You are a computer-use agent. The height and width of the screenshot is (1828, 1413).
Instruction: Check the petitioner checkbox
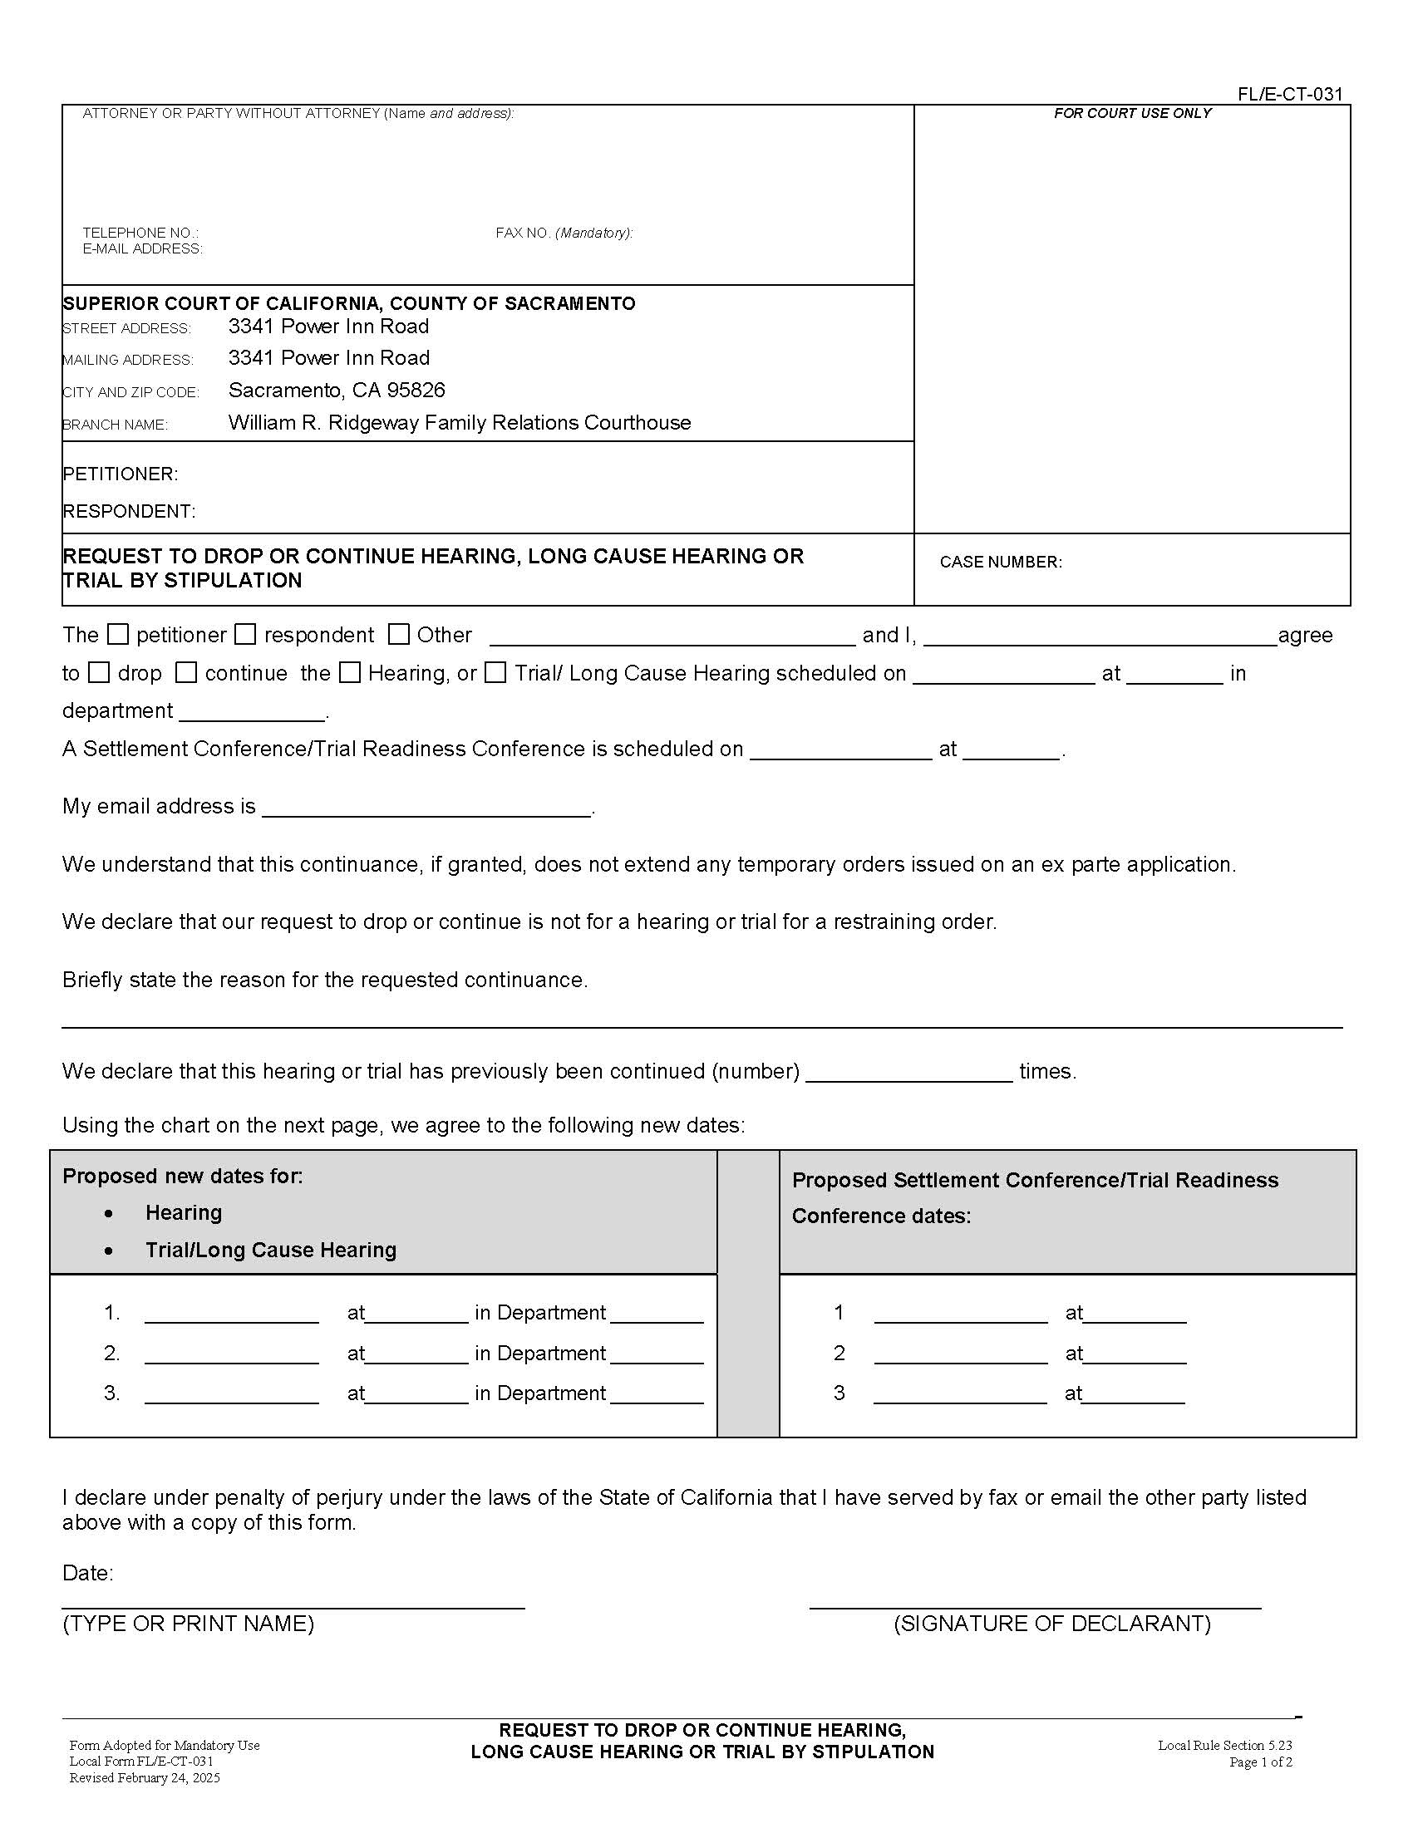[x=119, y=635]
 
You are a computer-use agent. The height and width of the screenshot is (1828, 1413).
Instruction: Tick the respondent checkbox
[x=245, y=635]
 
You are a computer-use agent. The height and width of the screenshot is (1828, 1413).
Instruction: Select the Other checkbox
[x=399, y=635]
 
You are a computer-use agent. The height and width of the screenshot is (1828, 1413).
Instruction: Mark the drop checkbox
[x=100, y=672]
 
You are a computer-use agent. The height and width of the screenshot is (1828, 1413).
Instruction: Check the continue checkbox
[x=186, y=672]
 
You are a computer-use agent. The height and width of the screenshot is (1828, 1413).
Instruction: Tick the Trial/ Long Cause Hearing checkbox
[x=495, y=672]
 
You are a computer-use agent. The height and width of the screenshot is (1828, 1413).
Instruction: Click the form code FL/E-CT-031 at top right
[x=1290, y=94]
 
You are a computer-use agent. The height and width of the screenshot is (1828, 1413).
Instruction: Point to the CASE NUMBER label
[x=1000, y=562]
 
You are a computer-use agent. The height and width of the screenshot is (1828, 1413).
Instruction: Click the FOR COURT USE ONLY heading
[x=1132, y=113]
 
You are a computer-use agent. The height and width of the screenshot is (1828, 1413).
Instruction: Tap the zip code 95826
[x=416, y=390]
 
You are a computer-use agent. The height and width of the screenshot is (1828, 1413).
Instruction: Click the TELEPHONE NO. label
[x=140, y=233]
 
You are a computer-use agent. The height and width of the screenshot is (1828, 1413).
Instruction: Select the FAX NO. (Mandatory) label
[x=564, y=233]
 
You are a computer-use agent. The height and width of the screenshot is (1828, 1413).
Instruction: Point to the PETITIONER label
[x=120, y=474]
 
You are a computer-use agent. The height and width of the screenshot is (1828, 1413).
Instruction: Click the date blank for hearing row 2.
[x=232, y=1354]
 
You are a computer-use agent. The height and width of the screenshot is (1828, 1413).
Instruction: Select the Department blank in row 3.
[x=657, y=1393]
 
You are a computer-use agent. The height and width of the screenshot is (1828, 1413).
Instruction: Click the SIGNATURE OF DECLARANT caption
[x=1052, y=1624]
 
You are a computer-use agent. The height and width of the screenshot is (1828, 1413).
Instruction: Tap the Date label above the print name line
[x=87, y=1573]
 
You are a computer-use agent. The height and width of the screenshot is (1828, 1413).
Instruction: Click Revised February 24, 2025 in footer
[x=144, y=1778]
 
